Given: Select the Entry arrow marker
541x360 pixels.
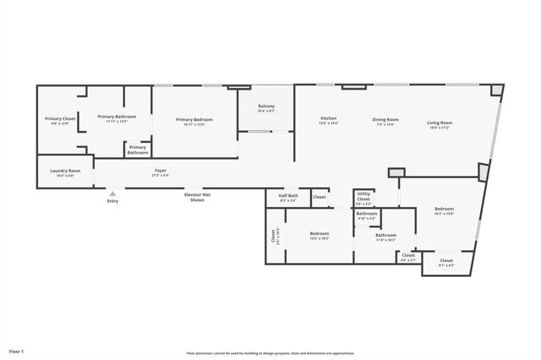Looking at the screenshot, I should click(112, 194).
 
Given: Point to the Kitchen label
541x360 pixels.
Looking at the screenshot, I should click(329, 119).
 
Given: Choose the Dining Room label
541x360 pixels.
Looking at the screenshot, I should click(385, 121).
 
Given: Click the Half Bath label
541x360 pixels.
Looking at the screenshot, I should click(287, 199).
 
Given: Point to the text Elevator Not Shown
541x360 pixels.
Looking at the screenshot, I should click(197, 197).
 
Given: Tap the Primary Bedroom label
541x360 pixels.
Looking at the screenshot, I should click(194, 121).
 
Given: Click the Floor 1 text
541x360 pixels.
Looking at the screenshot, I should click(17, 350).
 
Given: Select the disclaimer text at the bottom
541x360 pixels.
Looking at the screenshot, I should click(270, 353).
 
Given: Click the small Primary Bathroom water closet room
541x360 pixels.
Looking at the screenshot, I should click(138, 150).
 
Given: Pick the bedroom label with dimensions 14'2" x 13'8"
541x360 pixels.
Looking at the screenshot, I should click(444, 211).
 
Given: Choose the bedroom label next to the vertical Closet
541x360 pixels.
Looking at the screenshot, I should click(319, 235).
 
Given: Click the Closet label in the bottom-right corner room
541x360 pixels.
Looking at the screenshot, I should click(445, 262).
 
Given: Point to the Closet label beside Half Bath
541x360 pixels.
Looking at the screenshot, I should click(320, 197).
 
